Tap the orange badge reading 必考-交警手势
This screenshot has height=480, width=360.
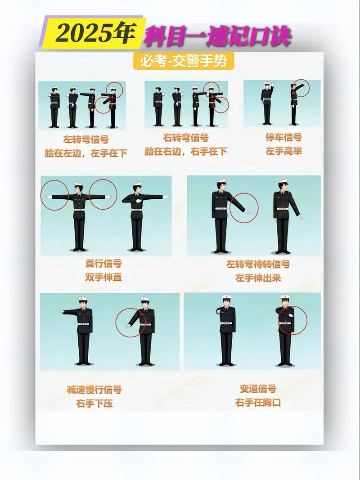point(184,61)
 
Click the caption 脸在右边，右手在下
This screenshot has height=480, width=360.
point(185,152)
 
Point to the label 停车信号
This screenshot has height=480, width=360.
point(283,138)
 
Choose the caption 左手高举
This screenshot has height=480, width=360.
point(283,151)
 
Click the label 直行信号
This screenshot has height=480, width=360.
point(103,264)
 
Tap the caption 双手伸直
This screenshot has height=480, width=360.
point(103,277)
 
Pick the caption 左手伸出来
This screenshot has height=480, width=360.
point(258,278)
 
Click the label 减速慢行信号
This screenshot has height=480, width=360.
point(94,390)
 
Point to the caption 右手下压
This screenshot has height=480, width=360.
point(94,403)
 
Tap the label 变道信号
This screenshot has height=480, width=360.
point(258,389)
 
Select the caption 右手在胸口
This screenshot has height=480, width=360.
point(258,403)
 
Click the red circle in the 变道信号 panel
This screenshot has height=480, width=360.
point(292,320)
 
